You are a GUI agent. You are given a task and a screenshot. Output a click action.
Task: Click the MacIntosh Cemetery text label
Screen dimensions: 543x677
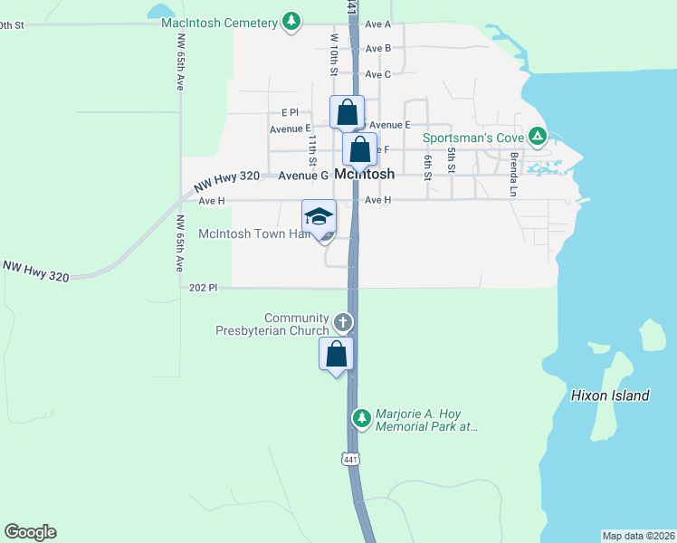point(220,22)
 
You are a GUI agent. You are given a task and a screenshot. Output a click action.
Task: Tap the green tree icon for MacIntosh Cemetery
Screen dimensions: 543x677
point(291,21)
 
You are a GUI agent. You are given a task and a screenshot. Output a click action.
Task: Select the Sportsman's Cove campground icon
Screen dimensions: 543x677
point(538,138)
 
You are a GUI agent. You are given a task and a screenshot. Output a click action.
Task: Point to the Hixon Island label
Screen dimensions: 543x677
point(610,395)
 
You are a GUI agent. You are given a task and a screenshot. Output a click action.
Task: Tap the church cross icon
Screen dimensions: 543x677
point(342,321)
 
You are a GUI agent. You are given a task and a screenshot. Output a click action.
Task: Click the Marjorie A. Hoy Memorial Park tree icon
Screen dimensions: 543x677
point(361,417)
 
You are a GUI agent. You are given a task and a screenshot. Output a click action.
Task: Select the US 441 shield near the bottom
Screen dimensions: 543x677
point(351,460)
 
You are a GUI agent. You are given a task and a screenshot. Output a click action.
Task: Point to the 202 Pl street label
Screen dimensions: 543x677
point(205,287)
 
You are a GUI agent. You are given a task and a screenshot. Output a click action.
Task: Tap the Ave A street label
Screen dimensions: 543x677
point(377,24)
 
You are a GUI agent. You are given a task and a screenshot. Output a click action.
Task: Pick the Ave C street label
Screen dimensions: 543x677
point(377,74)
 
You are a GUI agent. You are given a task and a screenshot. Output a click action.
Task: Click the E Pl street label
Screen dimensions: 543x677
point(290,112)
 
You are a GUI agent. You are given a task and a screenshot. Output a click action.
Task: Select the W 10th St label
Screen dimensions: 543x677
point(334,54)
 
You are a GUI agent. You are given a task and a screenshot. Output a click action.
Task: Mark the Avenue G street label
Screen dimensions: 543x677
point(302,176)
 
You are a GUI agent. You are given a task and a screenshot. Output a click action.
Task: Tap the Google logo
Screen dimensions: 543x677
point(30,532)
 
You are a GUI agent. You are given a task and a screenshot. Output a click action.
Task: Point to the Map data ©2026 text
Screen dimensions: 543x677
point(639,536)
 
